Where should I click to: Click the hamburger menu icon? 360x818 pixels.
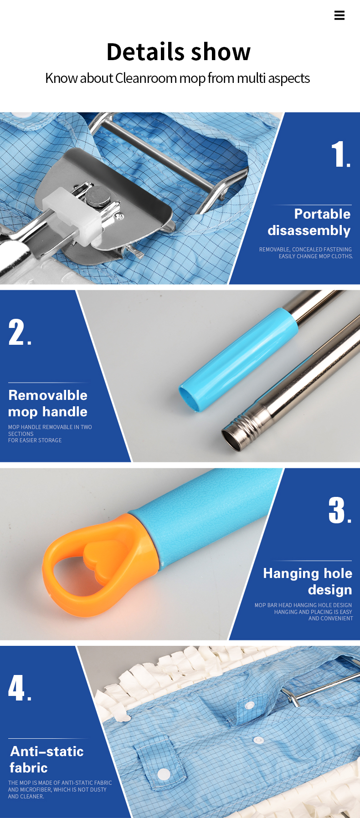pyautogui.click(x=339, y=15)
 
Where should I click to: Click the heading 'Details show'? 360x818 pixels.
pyautogui.click(x=179, y=51)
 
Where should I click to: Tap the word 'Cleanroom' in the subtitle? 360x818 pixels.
pyautogui.click(x=146, y=78)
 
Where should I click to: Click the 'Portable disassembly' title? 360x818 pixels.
pyautogui.click(x=309, y=222)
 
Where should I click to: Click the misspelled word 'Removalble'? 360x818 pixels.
pyautogui.click(x=48, y=395)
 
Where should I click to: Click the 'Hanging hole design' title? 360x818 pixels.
pyautogui.click(x=308, y=581)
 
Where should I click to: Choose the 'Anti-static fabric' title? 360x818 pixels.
pyautogui.click(x=46, y=759)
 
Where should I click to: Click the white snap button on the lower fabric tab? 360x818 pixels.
pyautogui.click(x=164, y=773)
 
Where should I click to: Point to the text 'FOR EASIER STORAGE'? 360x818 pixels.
pyautogui.click(x=35, y=440)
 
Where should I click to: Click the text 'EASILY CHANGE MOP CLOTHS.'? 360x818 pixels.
pyautogui.click(x=316, y=256)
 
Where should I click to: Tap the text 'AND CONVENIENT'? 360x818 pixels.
pyautogui.click(x=331, y=619)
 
